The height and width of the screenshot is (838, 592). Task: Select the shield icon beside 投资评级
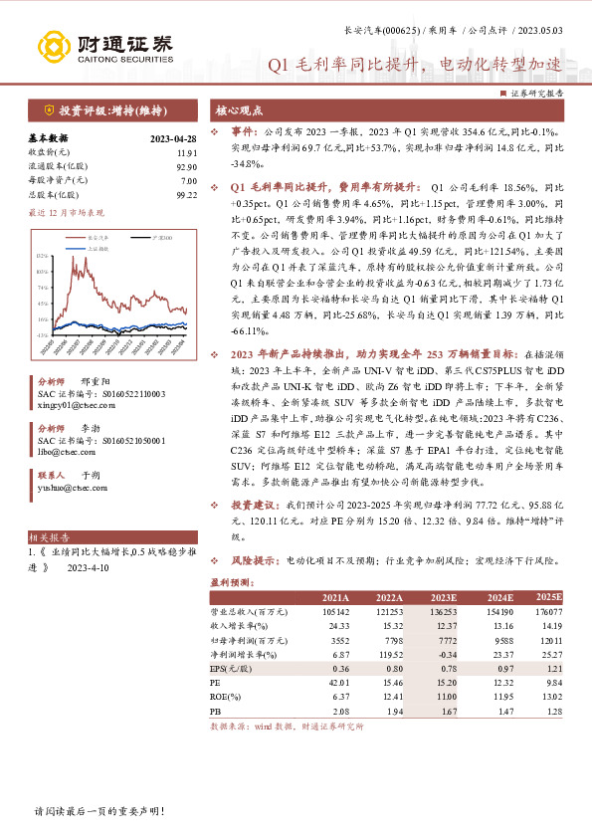tap(49, 110)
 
